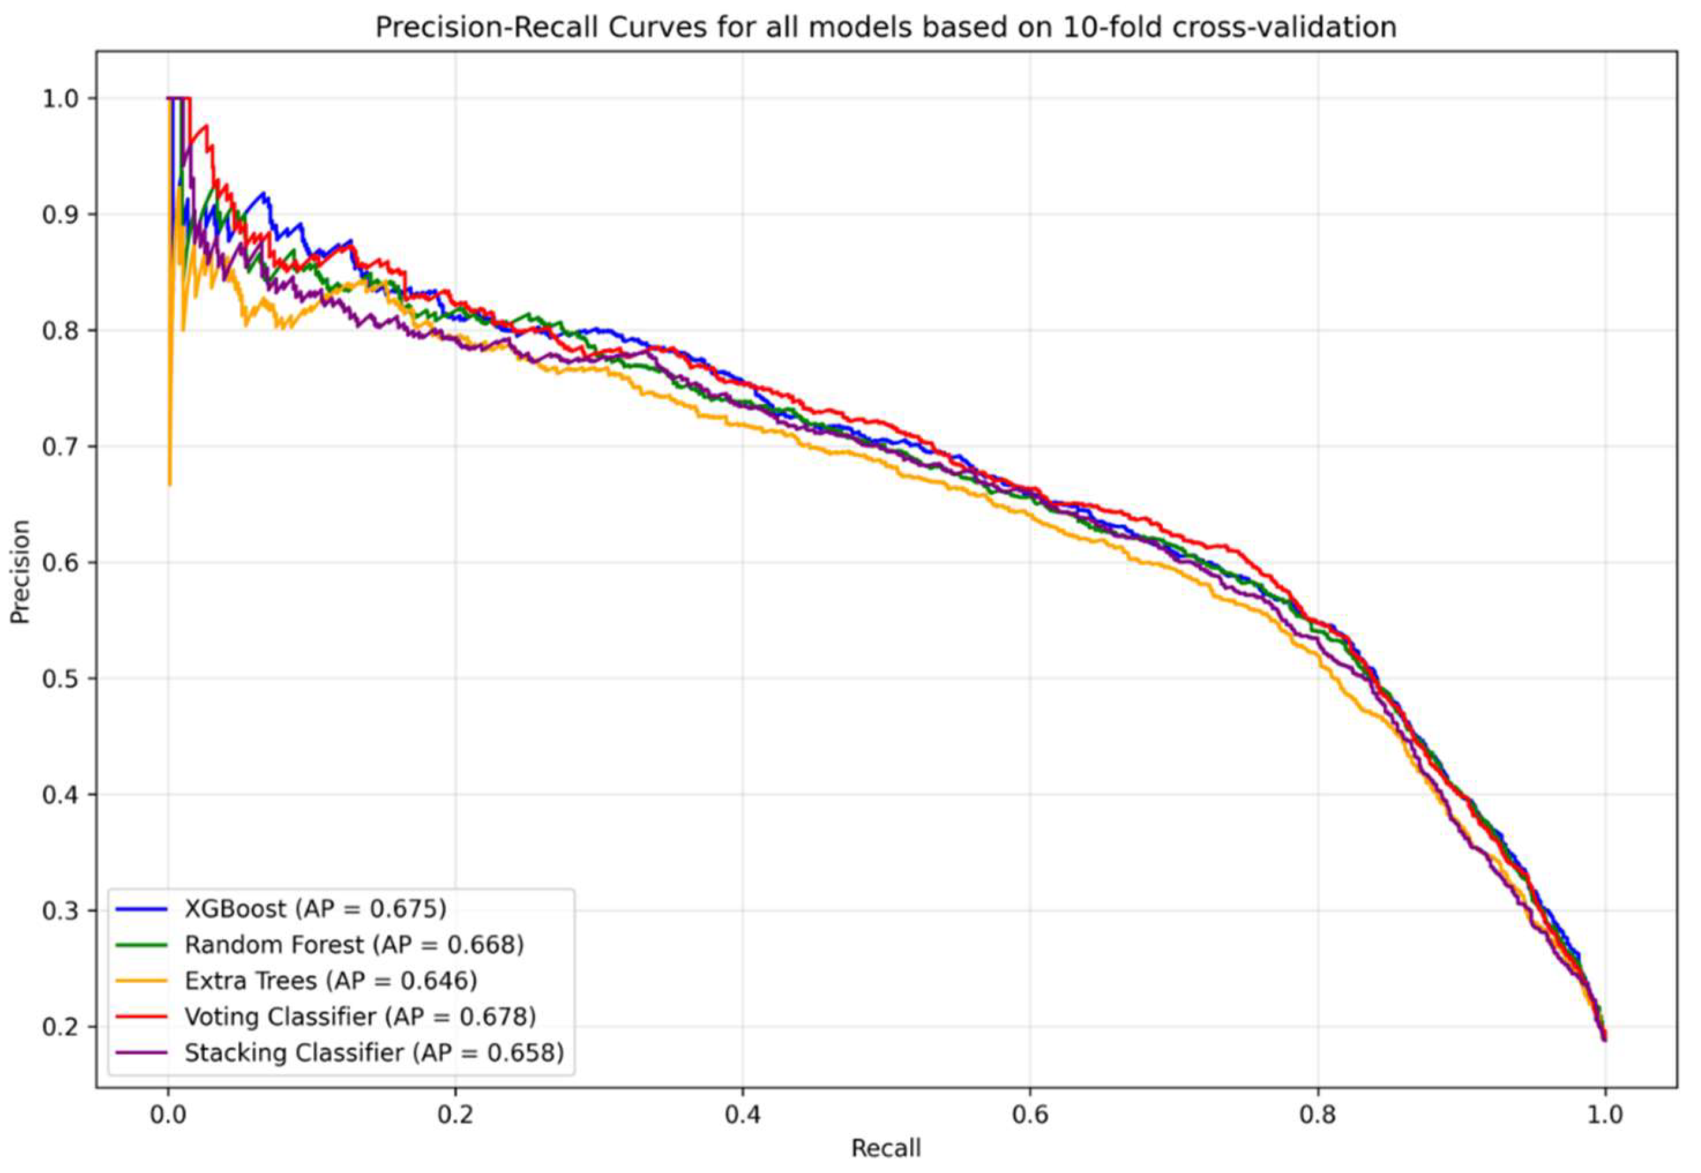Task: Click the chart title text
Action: click(885, 27)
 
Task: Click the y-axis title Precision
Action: click(21, 572)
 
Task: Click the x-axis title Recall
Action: click(885, 1147)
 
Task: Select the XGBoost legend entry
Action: click(315, 909)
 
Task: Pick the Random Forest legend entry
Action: click(354, 945)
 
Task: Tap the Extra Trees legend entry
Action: click(330, 981)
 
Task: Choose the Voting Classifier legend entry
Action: click(360, 1017)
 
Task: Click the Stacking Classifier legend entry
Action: click(373, 1053)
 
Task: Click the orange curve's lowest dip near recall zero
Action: click(170, 484)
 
